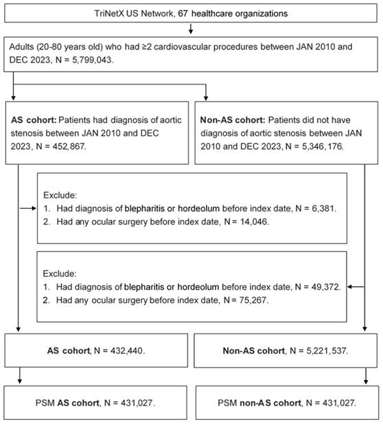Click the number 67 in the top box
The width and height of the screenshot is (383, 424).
(x=183, y=13)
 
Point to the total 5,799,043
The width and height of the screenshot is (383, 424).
(x=92, y=60)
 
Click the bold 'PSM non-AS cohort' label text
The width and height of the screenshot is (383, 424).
(x=270, y=403)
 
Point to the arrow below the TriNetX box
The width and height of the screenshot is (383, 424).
(x=191, y=28)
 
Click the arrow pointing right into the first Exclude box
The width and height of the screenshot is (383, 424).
(x=28, y=208)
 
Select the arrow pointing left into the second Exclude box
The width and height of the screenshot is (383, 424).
(x=356, y=287)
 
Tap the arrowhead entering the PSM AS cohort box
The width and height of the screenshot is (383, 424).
(x=19, y=381)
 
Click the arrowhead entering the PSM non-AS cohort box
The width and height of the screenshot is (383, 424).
(x=366, y=381)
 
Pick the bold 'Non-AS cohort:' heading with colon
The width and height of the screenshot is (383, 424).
(x=233, y=120)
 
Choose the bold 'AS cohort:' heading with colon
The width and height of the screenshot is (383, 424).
(x=34, y=120)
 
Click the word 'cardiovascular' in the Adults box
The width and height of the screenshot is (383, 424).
(x=183, y=47)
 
